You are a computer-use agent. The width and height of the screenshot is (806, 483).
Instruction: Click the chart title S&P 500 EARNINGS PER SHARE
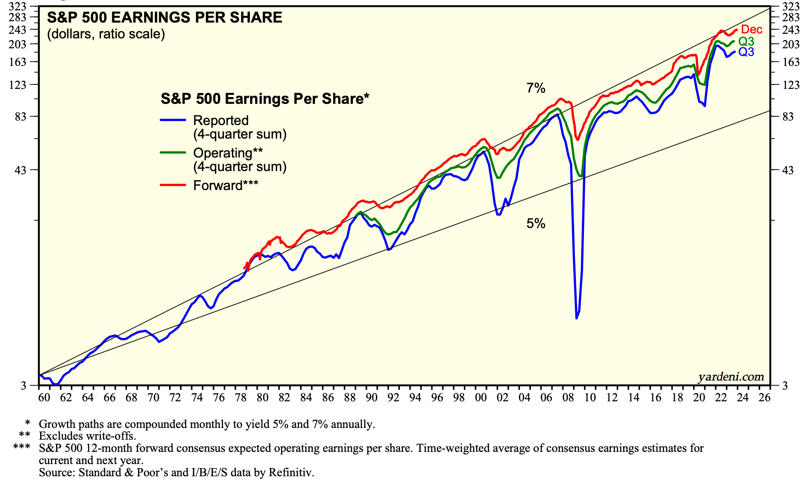(165, 18)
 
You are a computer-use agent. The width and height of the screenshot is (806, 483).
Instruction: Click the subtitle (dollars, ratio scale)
(106, 34)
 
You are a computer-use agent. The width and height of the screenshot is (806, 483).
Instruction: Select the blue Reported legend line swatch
(173, 120)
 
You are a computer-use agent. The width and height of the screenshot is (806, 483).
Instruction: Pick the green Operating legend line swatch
(173, 153)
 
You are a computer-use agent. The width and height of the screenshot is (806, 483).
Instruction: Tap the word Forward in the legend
(218, 186)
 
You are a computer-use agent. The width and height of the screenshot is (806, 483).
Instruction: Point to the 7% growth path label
(536, 88)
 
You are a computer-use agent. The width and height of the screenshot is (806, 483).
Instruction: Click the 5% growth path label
(536, 223)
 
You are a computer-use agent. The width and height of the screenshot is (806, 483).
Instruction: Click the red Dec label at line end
(751, 30)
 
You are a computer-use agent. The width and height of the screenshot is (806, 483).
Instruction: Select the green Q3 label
(746, 42)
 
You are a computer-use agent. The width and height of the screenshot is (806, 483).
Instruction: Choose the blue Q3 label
(746, 52)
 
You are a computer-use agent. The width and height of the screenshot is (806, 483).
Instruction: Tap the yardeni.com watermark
(731, 377)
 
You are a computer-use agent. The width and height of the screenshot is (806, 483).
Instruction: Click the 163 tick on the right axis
(791, 62)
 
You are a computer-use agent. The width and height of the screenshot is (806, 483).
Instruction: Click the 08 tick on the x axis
(568, 398)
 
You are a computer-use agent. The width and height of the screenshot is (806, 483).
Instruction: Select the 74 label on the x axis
(197, 398)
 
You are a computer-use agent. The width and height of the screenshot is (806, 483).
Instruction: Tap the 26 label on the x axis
(764, 398)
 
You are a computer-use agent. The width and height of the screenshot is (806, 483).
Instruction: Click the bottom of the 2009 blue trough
(576, 318)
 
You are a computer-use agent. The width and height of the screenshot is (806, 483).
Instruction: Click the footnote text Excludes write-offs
(87, 436)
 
